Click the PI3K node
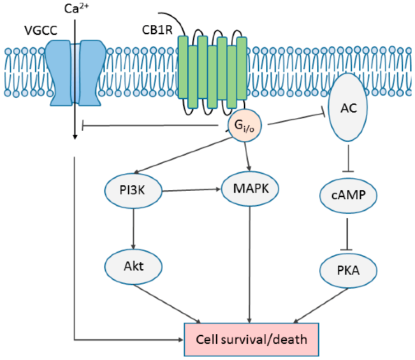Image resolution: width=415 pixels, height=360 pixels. click(133, 191)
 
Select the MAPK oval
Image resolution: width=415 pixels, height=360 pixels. click(250, 189)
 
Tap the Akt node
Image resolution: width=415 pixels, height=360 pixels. click(133, 266)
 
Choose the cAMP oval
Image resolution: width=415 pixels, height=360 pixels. click(349, 196)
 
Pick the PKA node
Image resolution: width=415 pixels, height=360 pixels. click(349, 271)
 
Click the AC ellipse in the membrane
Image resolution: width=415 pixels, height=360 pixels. click(348, 107)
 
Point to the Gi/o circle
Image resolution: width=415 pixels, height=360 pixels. click(245, 125)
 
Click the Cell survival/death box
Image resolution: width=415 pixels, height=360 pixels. click(252, 340)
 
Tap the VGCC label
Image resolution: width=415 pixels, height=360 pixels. click(41, 31)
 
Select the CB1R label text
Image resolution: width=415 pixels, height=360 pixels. click(157, 30)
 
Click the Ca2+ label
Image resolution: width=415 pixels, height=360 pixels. click(76, 8)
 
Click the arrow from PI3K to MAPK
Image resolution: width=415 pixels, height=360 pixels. click(191, 190)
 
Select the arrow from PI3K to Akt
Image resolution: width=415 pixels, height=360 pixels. click(133, 229)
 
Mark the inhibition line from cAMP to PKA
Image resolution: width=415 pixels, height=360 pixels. click(347, 234)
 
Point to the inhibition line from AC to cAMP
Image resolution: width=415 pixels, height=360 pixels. click(348, 159)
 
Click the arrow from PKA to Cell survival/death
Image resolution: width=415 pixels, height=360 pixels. click(321, 305)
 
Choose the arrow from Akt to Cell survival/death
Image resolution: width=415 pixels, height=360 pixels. click(168, 304)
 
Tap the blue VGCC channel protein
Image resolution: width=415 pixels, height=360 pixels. click(75, 73)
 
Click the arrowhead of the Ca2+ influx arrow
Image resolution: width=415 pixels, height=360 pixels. click(75, 137)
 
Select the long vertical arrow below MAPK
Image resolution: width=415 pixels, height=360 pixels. click(249, 265)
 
